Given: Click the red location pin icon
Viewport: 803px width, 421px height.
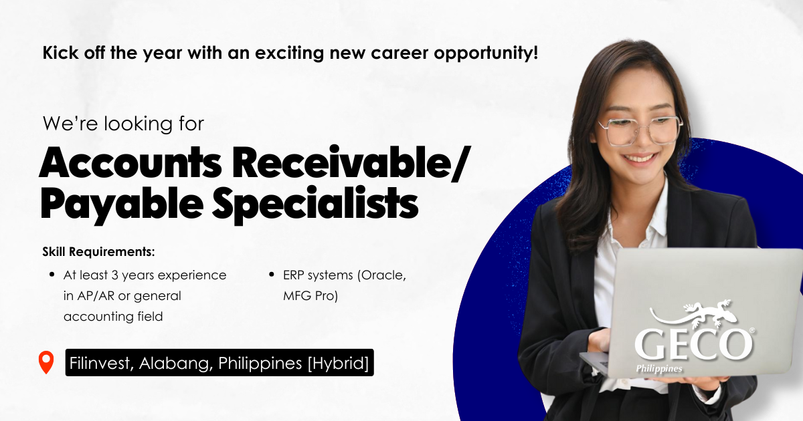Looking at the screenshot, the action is click(x=46, y=362).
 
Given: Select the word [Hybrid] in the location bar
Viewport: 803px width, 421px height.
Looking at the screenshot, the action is click(x=338, y=364).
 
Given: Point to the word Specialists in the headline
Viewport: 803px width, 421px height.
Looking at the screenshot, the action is click(x=315, y=203).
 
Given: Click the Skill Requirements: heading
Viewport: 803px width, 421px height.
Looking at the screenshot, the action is click(x=98, y=252).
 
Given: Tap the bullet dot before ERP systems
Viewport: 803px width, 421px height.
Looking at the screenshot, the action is click(x=272, y=275).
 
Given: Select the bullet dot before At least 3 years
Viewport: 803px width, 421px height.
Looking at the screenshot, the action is click(x=52, y=275).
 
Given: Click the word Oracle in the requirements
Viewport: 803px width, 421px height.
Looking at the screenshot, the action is click(x=382, y=275).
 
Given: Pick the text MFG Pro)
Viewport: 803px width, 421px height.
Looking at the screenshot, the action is click(x=310, y=295).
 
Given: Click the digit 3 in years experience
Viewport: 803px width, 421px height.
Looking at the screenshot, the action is click(x=114, y=275).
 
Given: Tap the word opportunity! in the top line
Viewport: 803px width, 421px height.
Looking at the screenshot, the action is click(x=486, y=53).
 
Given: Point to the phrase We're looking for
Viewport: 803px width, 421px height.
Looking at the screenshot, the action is click(x=123, y=124).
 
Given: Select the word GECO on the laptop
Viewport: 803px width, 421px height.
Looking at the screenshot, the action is click(x=693, y=344).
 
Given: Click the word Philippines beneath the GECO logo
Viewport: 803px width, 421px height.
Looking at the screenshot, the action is click(x=659, y=368).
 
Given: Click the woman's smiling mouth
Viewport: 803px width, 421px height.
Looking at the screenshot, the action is click(x=644, y=158).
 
